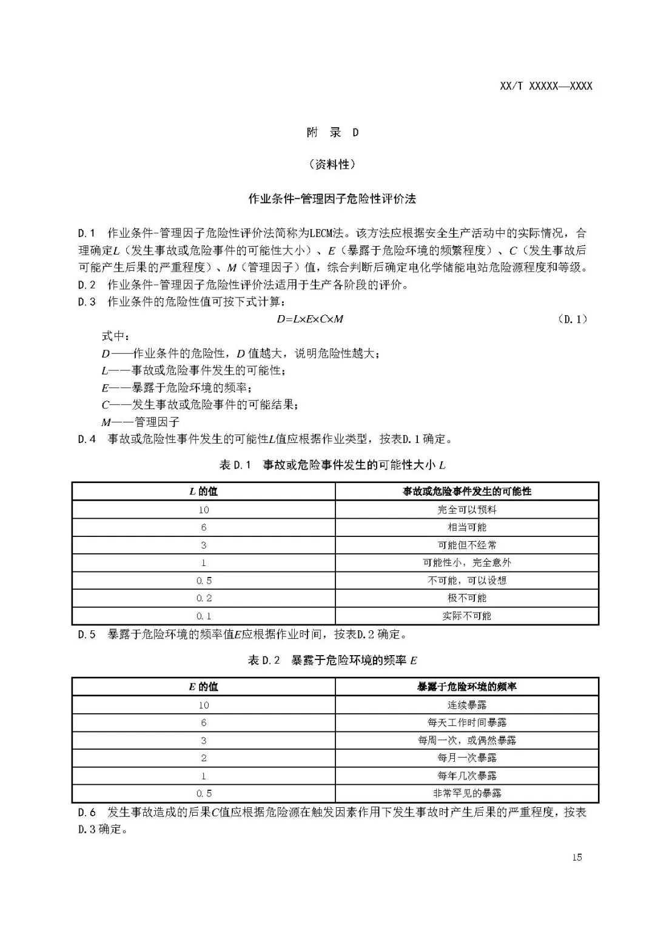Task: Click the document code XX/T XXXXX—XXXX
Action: tap(546, 86)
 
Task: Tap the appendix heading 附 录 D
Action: tap(332, 132)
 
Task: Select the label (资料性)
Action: tap(332, 164)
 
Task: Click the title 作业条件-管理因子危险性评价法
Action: tap(332, 199)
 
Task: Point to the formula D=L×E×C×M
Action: tap(310, 319)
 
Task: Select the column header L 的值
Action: tap(203, 491)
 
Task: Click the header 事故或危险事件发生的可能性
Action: tap(467, 491)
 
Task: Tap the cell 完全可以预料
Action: tap(467, 510)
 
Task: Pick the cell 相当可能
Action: tap(467, 527)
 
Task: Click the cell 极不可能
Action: tap(467, 598)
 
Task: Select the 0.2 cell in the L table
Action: tap(204, 598)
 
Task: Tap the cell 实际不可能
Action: tap(467, 616)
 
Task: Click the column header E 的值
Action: tap(203, 687)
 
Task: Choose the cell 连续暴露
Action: tap(467, 705)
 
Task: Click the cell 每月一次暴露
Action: tap(467, 758)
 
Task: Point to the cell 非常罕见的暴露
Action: tap(467, 793)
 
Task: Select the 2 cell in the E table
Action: tap(204, 758)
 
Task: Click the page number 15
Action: tap(576, 857)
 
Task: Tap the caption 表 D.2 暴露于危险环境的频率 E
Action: tap(332, 660)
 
